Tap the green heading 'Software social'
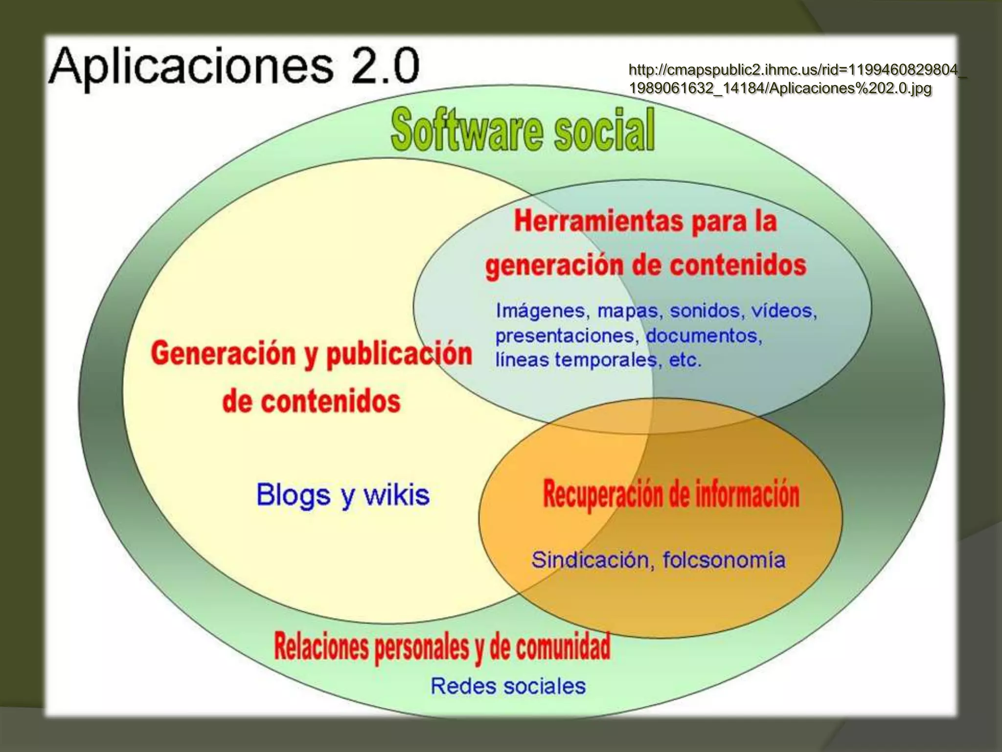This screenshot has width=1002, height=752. tap(523, 129)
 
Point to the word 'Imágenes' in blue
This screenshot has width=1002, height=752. tap(540, 311)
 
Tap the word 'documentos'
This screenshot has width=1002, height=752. tap(704, 336)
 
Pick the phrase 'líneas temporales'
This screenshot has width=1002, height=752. tap(575, 360)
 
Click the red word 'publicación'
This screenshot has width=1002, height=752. tap(399, 354)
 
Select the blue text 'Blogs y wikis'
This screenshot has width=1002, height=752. tap(342, 494)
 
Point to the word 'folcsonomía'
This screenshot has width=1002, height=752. tap(724, 560)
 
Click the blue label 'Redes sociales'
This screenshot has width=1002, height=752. tap(508, 686)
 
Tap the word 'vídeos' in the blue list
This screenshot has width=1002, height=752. tap(784, 311)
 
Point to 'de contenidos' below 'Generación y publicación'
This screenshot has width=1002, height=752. tap(311, 402)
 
